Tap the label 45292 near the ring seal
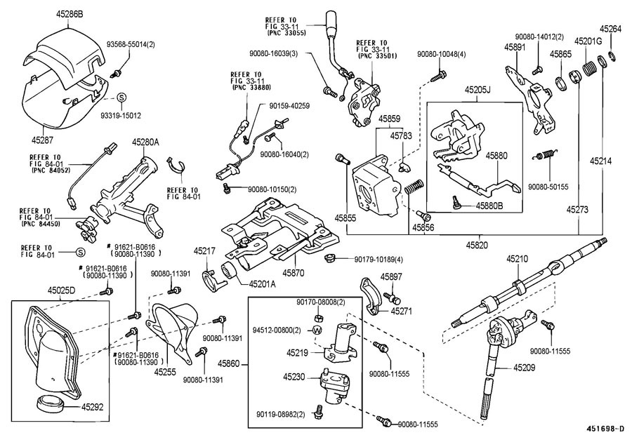tap(91, 406)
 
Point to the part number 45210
tap(517, 259)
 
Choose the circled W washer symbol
tap(317, 330)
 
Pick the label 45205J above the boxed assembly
tap(477, 89)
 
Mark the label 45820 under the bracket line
tap(478, 244)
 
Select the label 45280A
tap(145, 142)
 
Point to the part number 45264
tap(610, 29)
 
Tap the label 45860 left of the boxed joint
tap(228, 364)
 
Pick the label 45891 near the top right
tap(515, 48)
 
